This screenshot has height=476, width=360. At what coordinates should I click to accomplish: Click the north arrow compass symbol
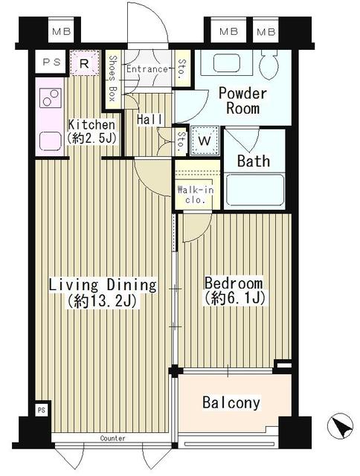340,426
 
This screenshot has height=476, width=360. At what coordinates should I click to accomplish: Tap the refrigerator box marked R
85,63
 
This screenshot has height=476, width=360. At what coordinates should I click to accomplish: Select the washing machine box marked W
205,141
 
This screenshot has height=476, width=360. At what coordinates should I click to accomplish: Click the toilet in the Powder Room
269,65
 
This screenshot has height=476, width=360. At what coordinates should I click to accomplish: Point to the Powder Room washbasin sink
226,62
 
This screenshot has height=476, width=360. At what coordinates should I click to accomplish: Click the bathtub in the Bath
255,190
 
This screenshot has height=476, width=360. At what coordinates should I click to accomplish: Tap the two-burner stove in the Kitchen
51,97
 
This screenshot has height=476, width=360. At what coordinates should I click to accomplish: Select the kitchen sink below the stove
51,141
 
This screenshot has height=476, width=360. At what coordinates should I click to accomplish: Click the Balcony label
231,402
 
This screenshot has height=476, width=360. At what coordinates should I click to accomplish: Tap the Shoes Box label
112,78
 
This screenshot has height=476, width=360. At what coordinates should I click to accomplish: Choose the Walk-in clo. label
196,195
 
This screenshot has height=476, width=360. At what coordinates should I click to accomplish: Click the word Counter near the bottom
112,438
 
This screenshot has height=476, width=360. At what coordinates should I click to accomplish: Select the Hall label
150,119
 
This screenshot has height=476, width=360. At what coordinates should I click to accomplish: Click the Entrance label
147,69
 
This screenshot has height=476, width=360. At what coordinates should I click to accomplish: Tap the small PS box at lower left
42,411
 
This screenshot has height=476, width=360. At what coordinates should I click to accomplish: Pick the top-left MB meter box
61,31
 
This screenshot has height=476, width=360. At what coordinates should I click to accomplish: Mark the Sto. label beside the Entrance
182,68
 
